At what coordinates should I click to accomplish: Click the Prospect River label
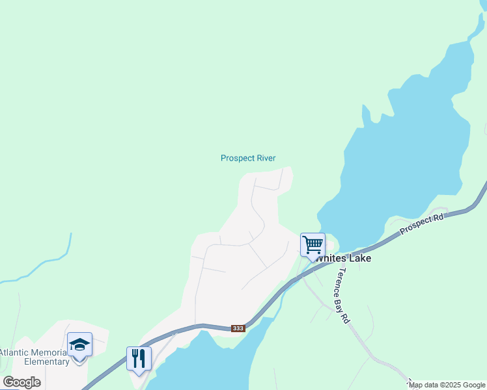[248, 158]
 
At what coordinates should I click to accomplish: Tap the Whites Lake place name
[344, 258]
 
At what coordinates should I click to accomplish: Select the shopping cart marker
[313, 244]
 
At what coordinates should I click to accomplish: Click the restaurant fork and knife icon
[139, 358]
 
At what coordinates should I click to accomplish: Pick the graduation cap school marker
[79, 344]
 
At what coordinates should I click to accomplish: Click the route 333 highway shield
[238, 328]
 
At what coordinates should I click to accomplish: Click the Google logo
[21, 382]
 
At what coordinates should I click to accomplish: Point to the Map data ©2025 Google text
[447, 385]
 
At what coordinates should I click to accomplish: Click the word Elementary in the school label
[46, 361]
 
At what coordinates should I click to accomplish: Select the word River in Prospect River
[265, 158]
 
